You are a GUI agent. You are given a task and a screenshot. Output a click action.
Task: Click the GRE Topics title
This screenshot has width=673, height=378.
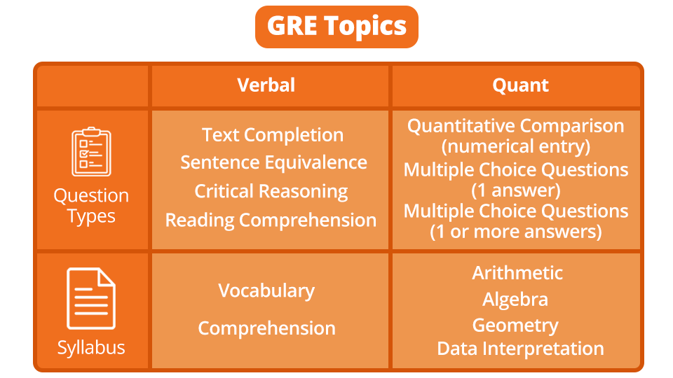pyautogui.click(x=336, y=27)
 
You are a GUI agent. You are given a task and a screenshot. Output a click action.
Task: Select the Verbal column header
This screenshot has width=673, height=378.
pyautogui.click(x=266, y=85)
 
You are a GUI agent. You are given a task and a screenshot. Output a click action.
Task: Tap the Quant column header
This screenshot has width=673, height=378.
pyautogui.click(x=520, y=85)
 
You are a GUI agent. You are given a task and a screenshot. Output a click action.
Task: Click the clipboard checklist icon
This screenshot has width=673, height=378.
pyautogui.click(x=92, y=151)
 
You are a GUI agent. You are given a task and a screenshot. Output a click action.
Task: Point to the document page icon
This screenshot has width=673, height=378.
pyautogui.click(x=91, y=299)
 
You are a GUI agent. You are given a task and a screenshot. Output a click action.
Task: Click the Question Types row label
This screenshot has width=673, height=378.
pyautogui.click(x=91, y=206)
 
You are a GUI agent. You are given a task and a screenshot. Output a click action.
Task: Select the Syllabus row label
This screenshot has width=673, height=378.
pyautogui.click(x=91, y=348)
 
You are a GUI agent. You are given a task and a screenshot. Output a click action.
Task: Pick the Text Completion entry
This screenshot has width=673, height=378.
pyautogui.click(x=273, y=135)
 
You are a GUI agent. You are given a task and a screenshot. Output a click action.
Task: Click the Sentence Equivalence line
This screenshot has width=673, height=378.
pyautogui.click(x=273, y=162)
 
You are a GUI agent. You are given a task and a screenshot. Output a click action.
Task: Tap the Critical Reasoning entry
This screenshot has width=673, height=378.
pyautogui.click(x=271, y=191)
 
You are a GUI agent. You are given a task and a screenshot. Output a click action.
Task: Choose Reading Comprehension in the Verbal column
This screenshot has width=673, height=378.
pyautogui.click(x=271, y=220)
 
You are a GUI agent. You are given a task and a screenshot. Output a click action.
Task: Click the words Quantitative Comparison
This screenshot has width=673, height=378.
pyautogui.click(x=515, y=126)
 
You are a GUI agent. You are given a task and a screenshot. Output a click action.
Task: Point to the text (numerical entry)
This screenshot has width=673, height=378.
pyautogui.click(x=515, y=146)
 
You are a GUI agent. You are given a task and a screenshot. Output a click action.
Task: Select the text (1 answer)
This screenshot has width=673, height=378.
pyautogui.click(x=515, y=189)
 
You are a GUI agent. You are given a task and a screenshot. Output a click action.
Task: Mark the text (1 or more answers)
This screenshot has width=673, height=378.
pyautogui.click(x=515, y=231)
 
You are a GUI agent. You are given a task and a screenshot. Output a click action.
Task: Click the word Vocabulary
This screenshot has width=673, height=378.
pyautogui.click(x=266, y=290)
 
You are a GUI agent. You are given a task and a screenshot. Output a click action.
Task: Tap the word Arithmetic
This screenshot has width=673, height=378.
pyautogui.click(x=517, y=272)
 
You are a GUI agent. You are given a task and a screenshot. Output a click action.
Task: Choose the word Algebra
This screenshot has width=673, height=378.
pyautogui.click(x=515, y=300)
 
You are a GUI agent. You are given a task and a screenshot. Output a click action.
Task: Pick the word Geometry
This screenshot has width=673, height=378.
pyautogui.click(x=515, y=325)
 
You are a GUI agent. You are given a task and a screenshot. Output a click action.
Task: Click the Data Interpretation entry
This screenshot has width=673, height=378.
pyautogui.click(x=520, y=349)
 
